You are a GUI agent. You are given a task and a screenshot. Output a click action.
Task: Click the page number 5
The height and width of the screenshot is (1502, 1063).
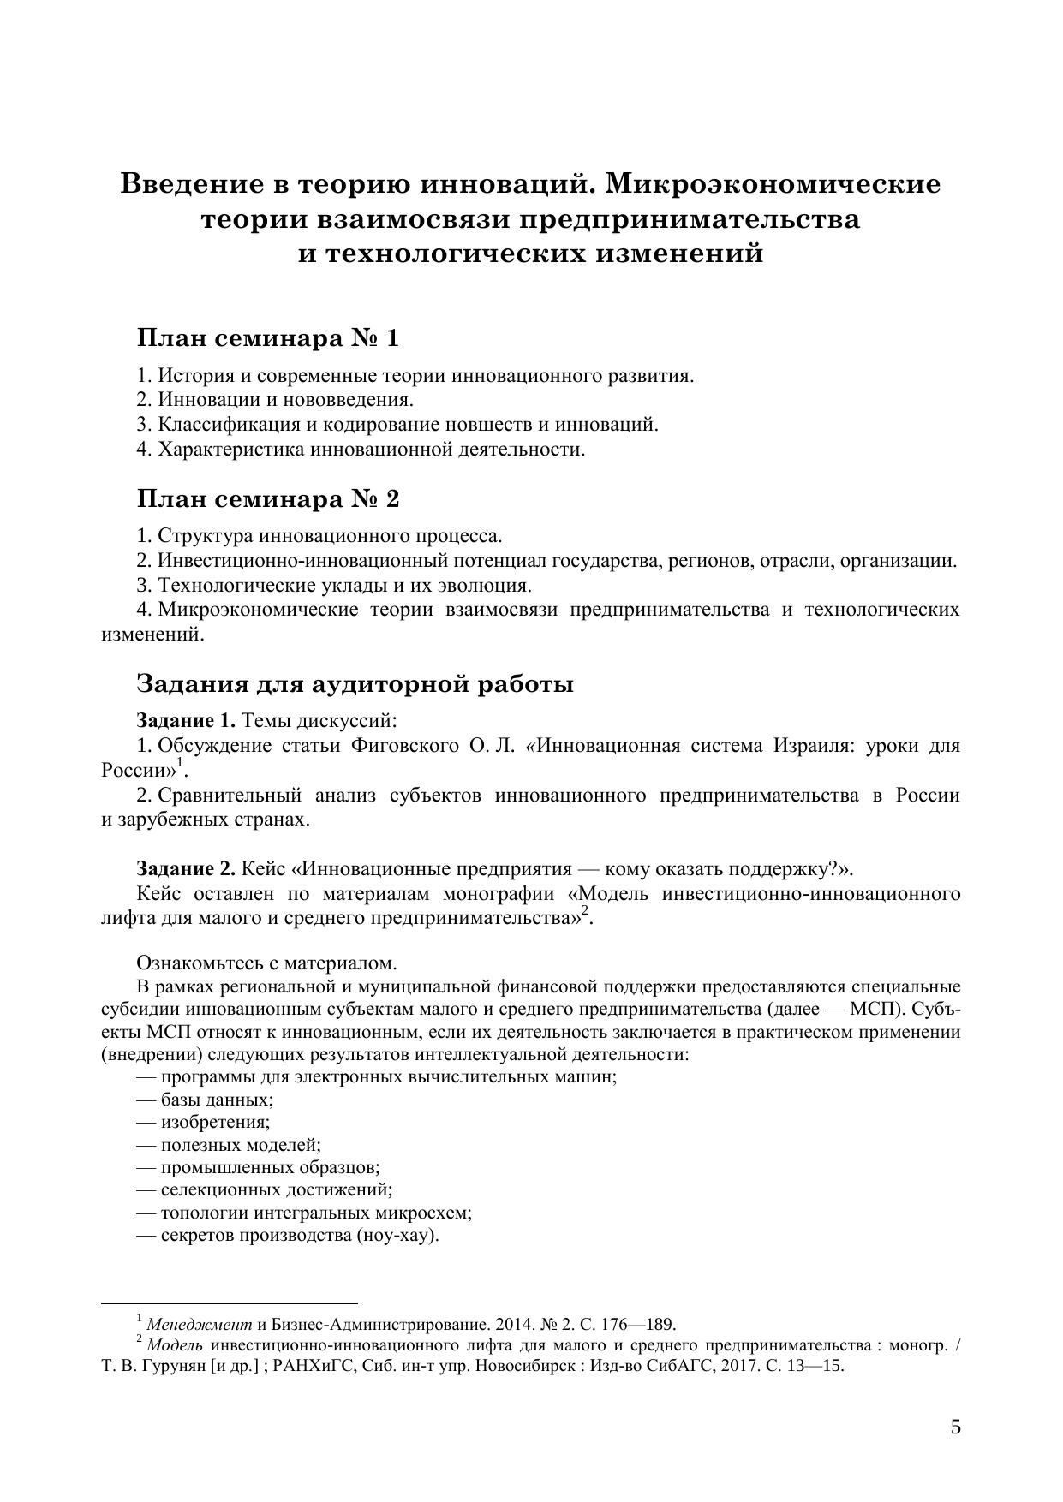[955, 1427]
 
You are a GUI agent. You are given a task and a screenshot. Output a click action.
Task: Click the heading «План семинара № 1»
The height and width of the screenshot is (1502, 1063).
[268, 339]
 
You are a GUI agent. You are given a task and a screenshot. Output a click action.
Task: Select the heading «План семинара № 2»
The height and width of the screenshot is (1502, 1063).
[268, 499]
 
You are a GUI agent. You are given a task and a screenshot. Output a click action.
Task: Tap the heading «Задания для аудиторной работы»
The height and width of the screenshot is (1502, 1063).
[355, 685]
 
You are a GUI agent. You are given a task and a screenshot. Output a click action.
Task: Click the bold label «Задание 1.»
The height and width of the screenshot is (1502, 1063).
[186, 720]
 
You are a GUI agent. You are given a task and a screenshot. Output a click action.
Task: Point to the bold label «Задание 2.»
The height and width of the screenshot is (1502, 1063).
[186, 869]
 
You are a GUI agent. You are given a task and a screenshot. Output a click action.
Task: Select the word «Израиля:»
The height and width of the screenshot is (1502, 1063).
[813, 746]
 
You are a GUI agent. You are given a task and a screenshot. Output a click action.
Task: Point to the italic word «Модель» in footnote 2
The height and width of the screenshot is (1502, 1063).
[175, 1345]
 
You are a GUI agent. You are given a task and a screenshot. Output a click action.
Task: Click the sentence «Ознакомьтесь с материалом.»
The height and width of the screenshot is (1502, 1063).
[266, 963]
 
